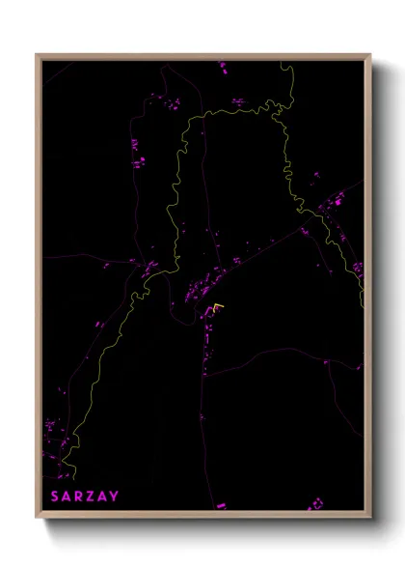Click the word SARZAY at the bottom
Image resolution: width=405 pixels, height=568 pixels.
(86, 497)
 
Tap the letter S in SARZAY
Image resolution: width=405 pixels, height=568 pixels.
(56, 497)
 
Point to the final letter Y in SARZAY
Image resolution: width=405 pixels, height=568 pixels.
(116, 497)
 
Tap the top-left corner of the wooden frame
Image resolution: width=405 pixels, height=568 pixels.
(37, 55)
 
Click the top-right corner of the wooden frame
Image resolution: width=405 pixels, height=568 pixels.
(369, 55)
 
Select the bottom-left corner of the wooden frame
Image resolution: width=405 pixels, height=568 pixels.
(37, 517)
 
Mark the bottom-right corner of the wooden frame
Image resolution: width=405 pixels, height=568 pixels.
(369, 517)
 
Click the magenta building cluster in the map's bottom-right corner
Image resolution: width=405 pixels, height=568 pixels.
(315, 504)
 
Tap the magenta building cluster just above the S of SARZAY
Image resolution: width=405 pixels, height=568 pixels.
(55, 430)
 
